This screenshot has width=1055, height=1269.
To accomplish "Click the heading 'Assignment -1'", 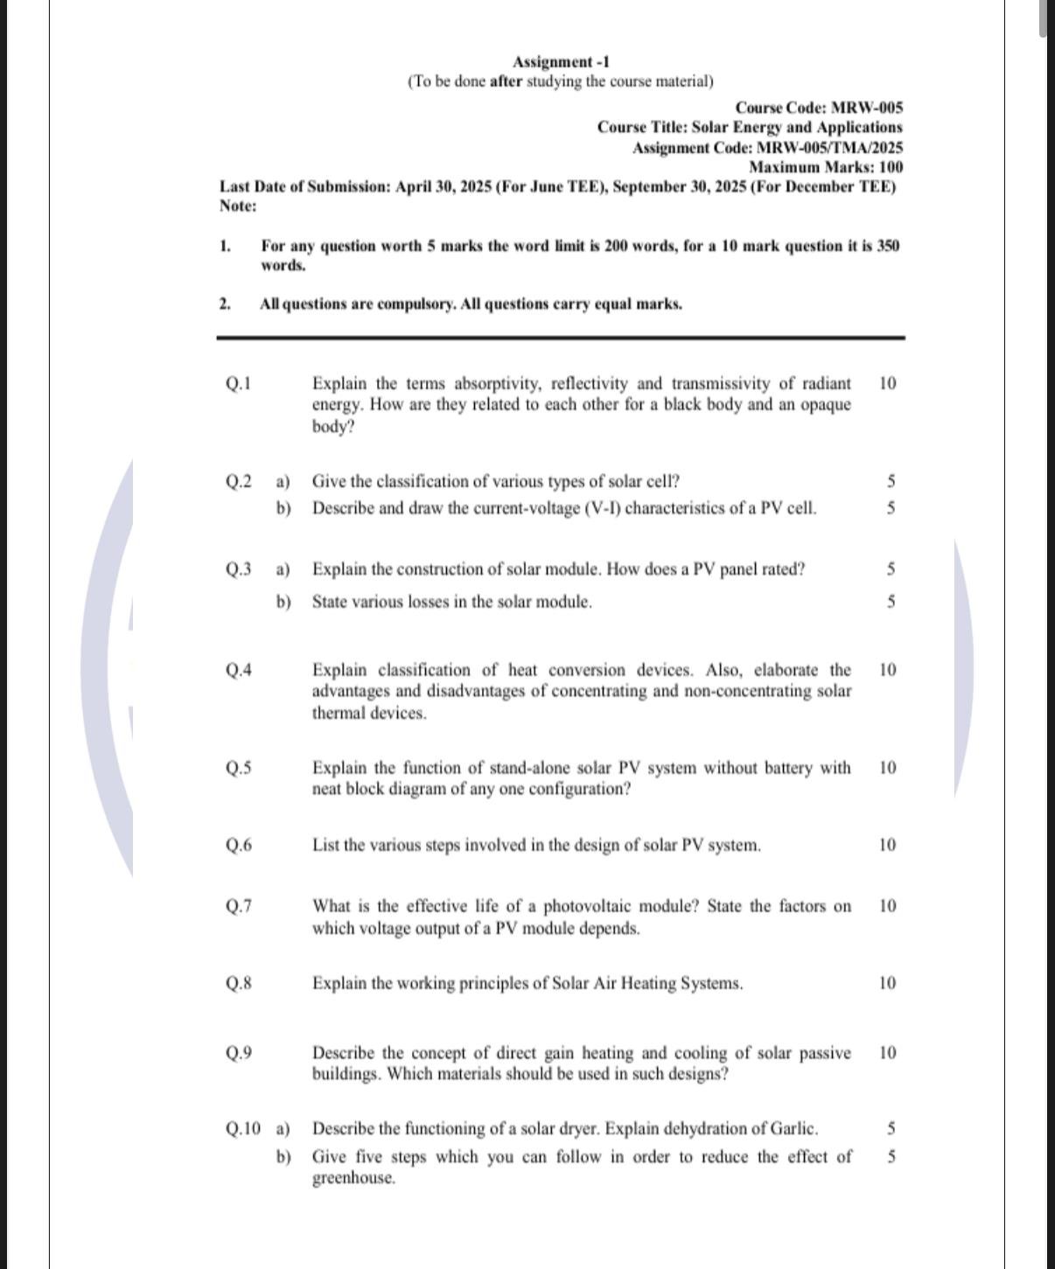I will [561, 62].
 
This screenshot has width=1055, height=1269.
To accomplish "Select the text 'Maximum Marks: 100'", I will [826, 167].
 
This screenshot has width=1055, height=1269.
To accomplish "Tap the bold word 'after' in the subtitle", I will [506, 81].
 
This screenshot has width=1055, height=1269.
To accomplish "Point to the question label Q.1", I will [238, 383].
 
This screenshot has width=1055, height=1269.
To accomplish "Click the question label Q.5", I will [239, 768].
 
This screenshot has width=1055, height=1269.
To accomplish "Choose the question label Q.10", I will [242, 1129].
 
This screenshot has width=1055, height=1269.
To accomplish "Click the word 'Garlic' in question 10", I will [793, 1129].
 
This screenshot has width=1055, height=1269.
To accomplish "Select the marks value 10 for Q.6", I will [887, 845].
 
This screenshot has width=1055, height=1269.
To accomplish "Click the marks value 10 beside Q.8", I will [887, 983].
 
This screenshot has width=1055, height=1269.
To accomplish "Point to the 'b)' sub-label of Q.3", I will [283, 602].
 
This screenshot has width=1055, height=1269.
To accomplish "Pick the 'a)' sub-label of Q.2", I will [283, 482].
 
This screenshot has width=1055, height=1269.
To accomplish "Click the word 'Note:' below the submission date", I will [238, 206].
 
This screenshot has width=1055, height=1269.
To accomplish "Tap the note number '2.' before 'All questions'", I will [225, 304].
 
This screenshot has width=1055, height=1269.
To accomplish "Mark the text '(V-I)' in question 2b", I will [601, 508].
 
